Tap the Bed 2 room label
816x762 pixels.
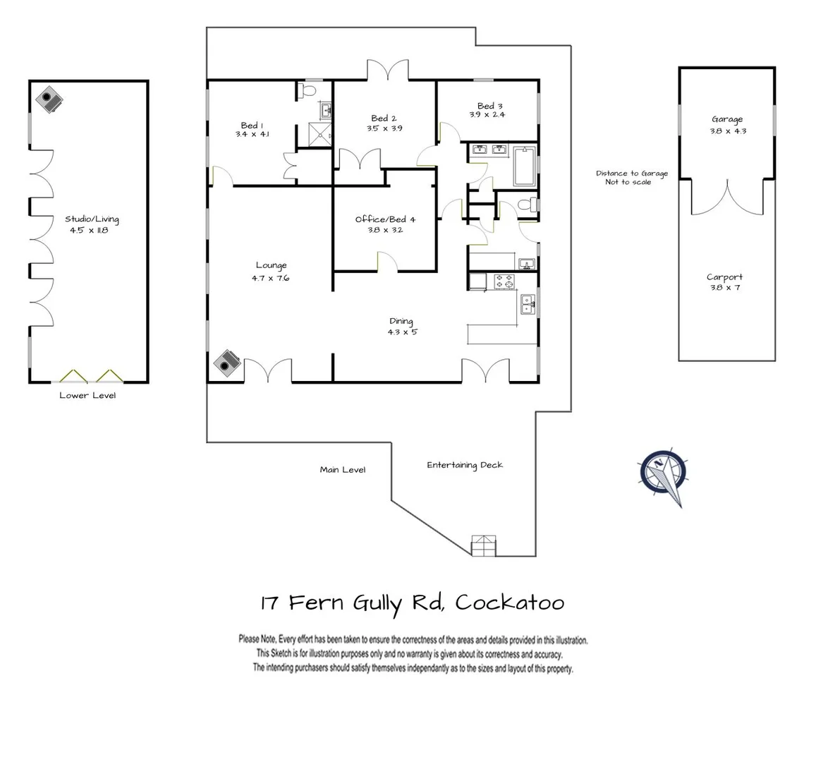384,119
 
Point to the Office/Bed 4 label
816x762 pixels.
385,219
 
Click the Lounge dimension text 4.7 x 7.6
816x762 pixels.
271,278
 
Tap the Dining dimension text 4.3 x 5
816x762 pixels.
402,332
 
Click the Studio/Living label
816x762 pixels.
92,219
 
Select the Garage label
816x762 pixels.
727,119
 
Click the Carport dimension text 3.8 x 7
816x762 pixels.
725,288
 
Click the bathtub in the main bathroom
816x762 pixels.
524,167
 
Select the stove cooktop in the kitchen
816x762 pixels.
504,282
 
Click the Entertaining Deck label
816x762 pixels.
465,465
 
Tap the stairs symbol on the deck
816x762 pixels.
482,545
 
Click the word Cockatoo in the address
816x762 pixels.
509,603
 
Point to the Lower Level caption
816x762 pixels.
87,395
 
